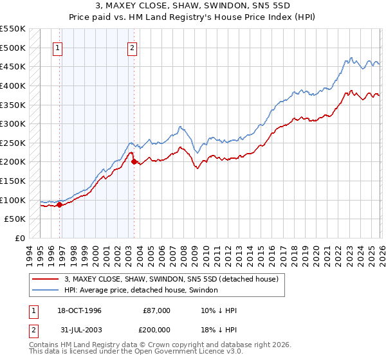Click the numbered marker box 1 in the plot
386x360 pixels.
pos(58,47)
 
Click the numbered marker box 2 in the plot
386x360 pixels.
pos(132,47)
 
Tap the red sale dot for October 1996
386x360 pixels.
pos(60,205)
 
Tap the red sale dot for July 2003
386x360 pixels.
pos(134,162)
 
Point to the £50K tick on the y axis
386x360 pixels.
pos(15,219)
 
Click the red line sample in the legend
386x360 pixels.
pos(46,279)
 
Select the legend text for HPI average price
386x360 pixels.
pos(141,291)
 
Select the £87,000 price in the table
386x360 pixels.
pos(156,310)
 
